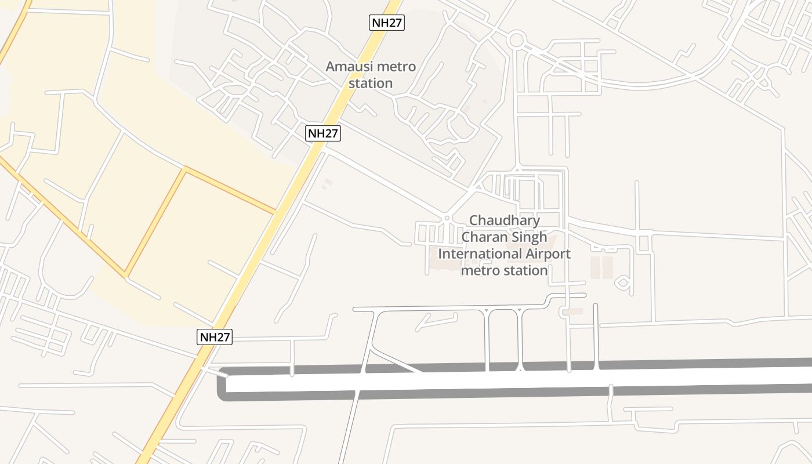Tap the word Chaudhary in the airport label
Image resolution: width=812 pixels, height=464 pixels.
tap(504, 220)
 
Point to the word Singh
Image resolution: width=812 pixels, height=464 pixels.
tap(528, 237)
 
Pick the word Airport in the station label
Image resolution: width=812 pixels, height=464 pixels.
tap(548, 254)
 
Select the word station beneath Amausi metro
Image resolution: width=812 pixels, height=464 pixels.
tap(371, 84)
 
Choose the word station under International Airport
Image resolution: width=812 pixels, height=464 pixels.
tap(525, 270)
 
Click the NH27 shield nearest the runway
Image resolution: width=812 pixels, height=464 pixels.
tap(215, 337)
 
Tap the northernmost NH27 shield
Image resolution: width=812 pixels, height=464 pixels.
tap(387, 23)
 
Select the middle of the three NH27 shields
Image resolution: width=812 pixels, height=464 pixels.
tap(322, 133)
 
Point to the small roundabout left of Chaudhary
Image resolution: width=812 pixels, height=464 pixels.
tap(447, 219)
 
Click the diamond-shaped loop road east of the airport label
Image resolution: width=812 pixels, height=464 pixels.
tap(623, 283)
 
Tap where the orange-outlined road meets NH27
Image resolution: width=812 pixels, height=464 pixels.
tap(274, 212)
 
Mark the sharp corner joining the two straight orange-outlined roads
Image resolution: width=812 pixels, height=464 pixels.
tap(185, 169)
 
